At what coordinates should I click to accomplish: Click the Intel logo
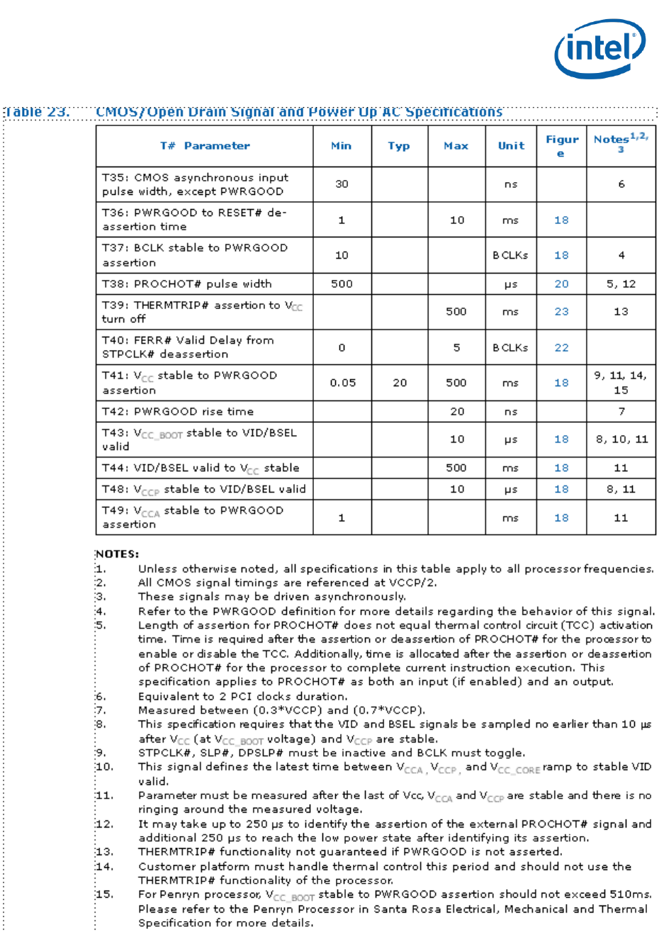click(x=600, y=47)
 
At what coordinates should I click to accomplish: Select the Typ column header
click(x=399, y=146)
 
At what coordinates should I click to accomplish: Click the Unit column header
click(x=511, y=146)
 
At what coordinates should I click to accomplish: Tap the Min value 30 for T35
click(x=342, y=184)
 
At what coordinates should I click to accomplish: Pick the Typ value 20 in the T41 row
click(x=400, y=383)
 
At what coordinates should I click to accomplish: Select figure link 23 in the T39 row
click(x=561, y=312)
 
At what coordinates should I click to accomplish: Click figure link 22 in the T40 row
click(x=561, y=347)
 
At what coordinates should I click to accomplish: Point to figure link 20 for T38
click(x=561, y=283)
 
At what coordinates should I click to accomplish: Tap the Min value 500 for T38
click(x=342, y=283)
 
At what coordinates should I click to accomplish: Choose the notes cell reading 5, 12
click(x=621, y=283)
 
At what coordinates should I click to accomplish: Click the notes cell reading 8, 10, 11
click(x=621, y=439)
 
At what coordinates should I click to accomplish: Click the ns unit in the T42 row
click(x=511, y=411)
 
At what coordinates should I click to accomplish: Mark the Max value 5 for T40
click(x=457, y=347)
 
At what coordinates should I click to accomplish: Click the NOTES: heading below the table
click(x=117, y=553)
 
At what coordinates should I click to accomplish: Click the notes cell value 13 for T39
click(x=621, y=312)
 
